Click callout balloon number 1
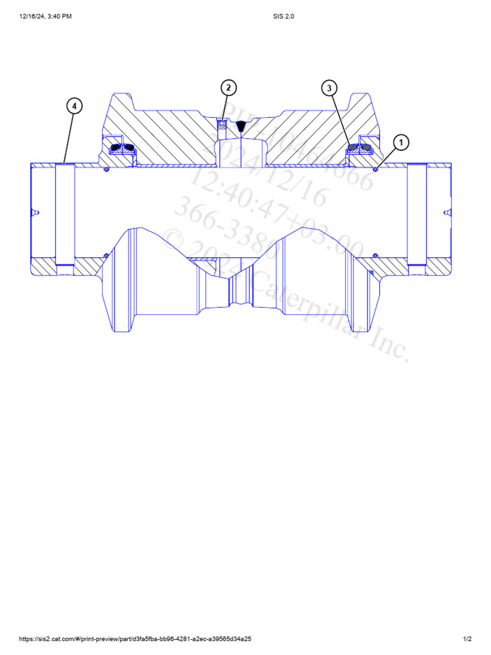pyautogui.click(x=401, y=142)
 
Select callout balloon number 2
pyautogui.click(x=228, y=88)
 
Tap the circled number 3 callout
pyautogui.click(x=329, y=88)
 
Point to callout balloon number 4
pyautogui.click(x=75, y=106)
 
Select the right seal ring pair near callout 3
pyautogui.click(x=359, y=148)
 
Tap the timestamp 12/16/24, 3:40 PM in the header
pyautogui.click(x=45, y=17)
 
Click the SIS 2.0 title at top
pyautogui.click(x=283, y=17)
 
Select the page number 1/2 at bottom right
pyautogui.click(x=467, y=639)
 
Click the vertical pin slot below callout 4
pyautogui.click(x=65, y=214)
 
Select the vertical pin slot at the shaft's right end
pyautogui.click(x=416, y=214)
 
